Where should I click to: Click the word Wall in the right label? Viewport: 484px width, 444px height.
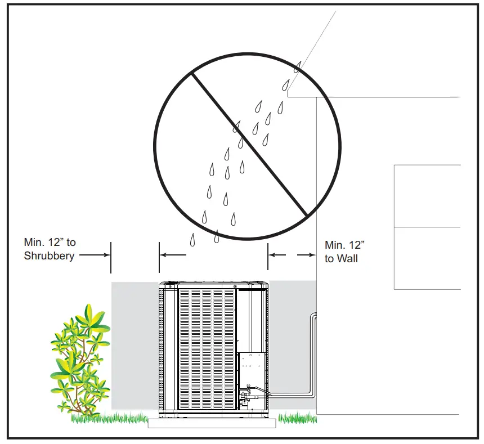click(347, 259)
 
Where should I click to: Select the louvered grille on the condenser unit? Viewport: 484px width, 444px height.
click(206, 349)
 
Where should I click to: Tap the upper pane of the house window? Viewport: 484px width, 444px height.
click(427, 196)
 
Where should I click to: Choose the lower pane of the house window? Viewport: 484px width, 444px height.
click(427, 258)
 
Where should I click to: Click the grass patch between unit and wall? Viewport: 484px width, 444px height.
click(297, 418)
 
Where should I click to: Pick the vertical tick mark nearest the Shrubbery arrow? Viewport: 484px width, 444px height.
click(111, 257)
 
